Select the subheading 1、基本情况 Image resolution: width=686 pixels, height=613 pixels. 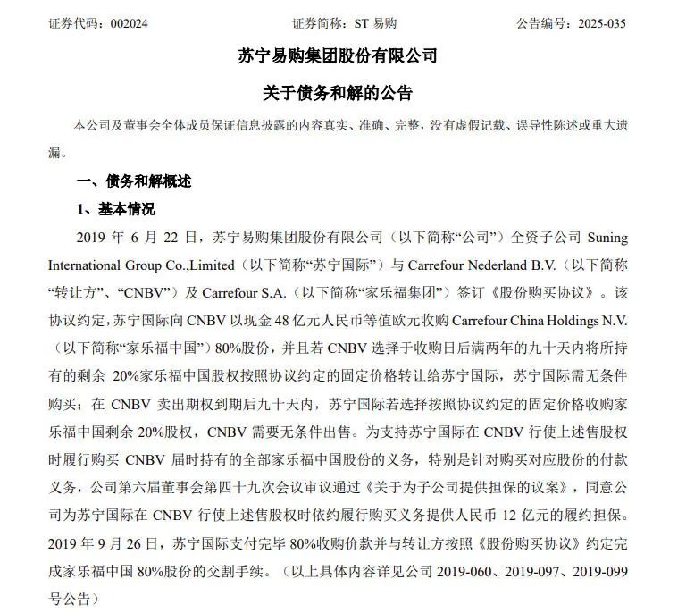point(115,210)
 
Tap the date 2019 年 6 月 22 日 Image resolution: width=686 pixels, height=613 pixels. point(139,239)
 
